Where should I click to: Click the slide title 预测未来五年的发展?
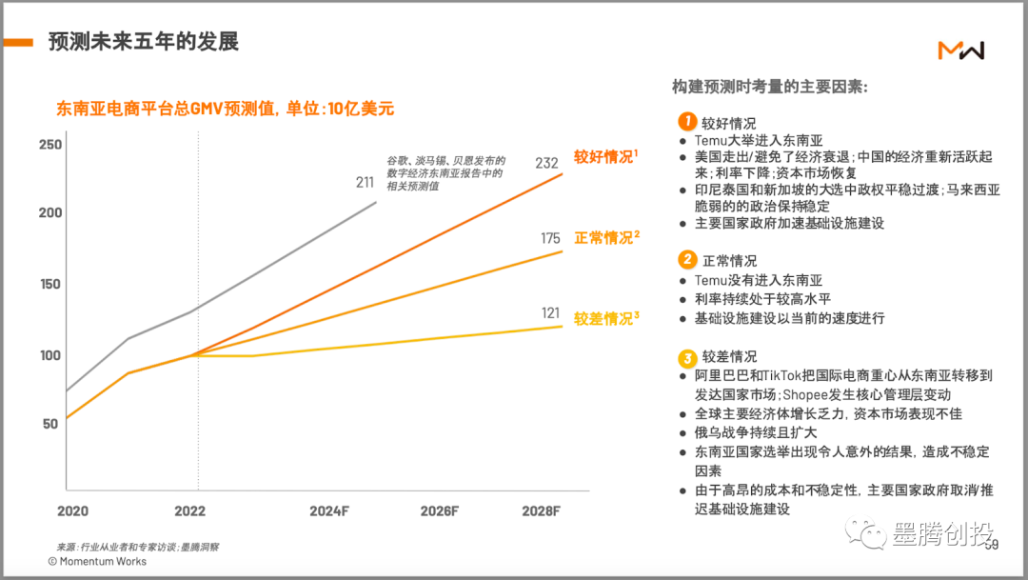(143, 42)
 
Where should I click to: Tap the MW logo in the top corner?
(960, 50)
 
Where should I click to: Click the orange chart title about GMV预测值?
(226, 109)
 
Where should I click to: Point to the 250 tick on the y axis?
(50, 145)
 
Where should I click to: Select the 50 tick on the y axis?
(50, 424)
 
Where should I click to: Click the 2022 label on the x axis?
(188, 510)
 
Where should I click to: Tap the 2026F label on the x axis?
(440, 510)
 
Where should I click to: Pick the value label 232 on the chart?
(546, 163)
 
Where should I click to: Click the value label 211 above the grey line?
(365, 182)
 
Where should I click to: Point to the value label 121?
(550, 312)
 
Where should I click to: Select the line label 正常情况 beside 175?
(603, 238)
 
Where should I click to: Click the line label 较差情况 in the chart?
(603, 319)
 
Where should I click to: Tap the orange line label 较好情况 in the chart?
(603, 157)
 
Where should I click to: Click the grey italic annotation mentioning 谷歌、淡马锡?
(445, 173)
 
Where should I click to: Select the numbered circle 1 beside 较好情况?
(686, 122)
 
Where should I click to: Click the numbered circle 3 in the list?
(686, 358)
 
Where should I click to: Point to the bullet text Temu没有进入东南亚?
(758, 280)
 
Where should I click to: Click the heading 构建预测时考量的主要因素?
(769, 87)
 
